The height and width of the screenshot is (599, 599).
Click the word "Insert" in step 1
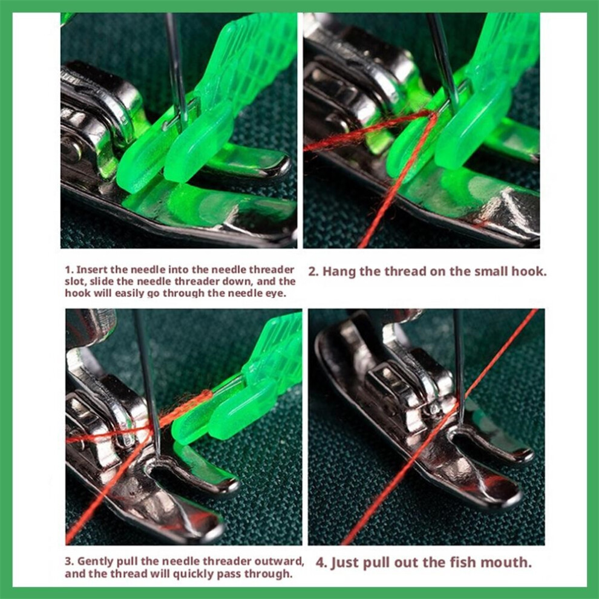(x=92, y=270)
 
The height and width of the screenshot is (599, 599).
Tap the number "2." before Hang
(x=313, y=272)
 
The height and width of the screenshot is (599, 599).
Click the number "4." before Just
(x=321, y=563)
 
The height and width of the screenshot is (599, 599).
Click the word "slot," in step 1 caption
(x=75, y=281)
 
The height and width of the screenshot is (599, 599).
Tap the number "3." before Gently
(x=69, y=561)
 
